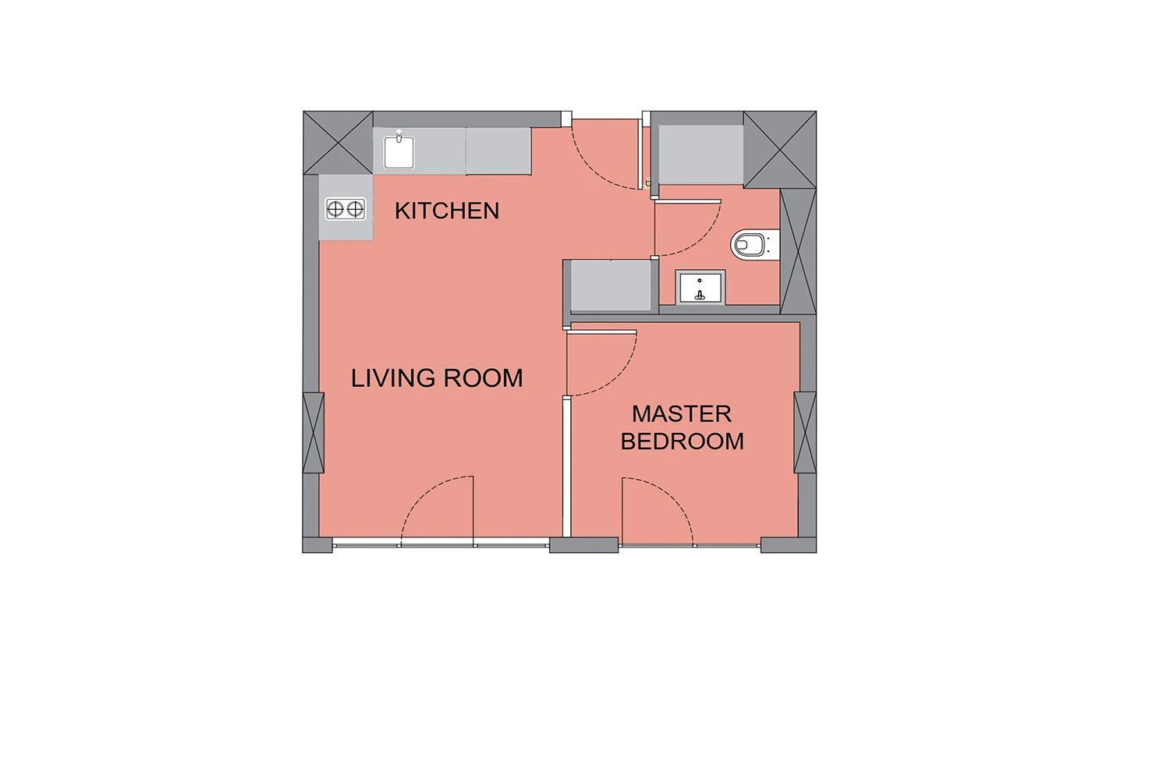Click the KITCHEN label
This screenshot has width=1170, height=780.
click(x=447, y=211)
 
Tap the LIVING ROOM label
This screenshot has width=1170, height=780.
click(x=437, y=378)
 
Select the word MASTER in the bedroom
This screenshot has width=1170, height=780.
click(x=682, y=413)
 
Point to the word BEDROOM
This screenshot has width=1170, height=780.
click(x=682, y=441)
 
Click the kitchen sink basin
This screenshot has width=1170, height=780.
click(x=399, y=153)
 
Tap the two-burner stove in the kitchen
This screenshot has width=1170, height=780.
click(x=346, y=210)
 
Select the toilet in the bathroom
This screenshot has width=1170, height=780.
click(x=754, y=244)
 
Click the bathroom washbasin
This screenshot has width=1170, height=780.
click(x=700, y=288)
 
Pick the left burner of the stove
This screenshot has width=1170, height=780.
click(x=335, y=210)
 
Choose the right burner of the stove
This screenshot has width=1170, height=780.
click(x=355, y=210)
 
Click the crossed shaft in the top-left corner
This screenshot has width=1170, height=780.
click(x=338, y=143)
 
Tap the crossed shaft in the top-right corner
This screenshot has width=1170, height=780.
click(x=780, y=150)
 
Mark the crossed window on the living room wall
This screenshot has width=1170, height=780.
click(x=314, y=433)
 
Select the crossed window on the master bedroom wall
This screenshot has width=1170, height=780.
click(x=805, y=433)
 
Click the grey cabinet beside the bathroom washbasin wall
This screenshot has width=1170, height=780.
click(x=611, y=286)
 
